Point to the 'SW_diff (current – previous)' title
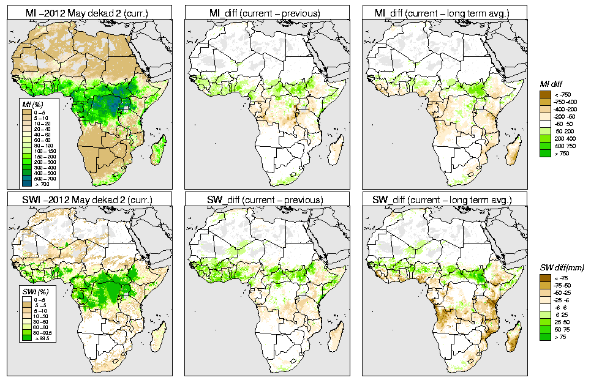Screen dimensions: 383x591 click(266, 199)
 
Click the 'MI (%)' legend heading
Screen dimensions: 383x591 click(28, 106)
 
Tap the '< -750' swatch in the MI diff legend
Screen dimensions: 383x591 click(545, 94)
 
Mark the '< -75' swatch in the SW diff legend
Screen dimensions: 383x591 click(545, 278)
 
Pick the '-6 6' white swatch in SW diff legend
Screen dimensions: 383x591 click(545, 308)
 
